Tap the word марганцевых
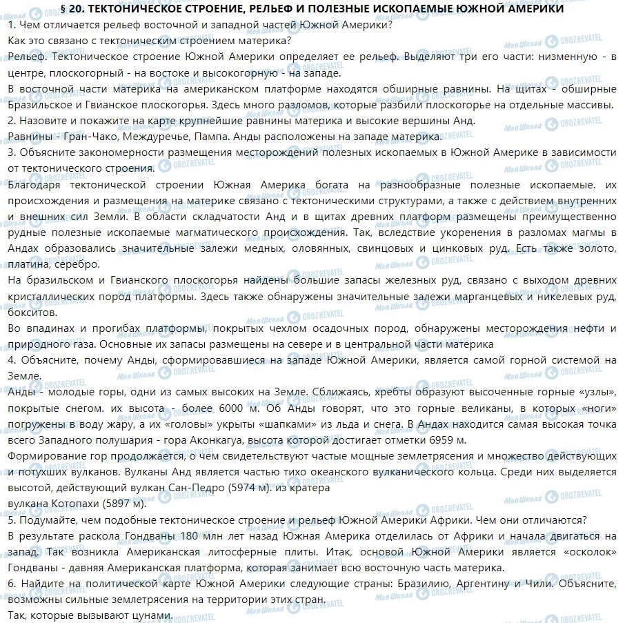click(x=462, y=296)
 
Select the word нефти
click(x=588, y=328)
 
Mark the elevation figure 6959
click(x=439, y=439)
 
